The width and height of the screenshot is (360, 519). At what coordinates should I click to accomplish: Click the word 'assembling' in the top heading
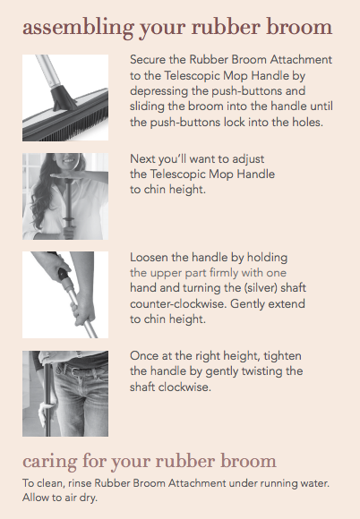point(78,28)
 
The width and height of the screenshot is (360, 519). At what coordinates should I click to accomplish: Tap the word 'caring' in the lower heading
point(49,462)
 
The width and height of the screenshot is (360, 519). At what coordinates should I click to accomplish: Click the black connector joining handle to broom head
point(63,97)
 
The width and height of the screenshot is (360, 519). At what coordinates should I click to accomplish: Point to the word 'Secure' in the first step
point(148,60)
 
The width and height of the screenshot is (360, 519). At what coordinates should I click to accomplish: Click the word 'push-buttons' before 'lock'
point(185,123)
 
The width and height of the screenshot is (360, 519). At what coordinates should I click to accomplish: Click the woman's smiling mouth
point(70,161)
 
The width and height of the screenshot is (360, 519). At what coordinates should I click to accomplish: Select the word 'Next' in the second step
point(142,159)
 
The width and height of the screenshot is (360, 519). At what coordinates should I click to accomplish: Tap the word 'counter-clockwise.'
point(178,303)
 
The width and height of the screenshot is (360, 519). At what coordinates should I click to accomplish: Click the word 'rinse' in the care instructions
point(80,483)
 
